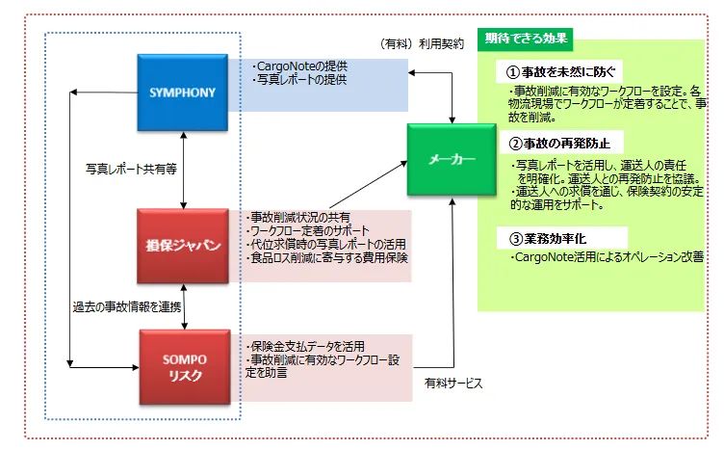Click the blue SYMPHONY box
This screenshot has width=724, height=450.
pyautogui.click(x=182, y=93)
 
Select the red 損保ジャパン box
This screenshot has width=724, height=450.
pyautogui.click(x=182, y=246)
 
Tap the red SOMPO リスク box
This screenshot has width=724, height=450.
pyautogui.click(x=182, y=367)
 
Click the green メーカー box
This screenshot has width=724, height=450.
pyautogui.click(x=450, y=160)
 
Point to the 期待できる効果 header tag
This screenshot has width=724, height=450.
pyautogui.click(x=525, y=40)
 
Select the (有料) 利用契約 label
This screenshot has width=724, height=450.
pyautogui.click(x=423, y=43)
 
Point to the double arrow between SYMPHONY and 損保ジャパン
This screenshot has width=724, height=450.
pyautogui.click(x=182, y=170)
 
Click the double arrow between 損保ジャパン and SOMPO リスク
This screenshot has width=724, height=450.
pyautogui.click(x=182, y=306)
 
